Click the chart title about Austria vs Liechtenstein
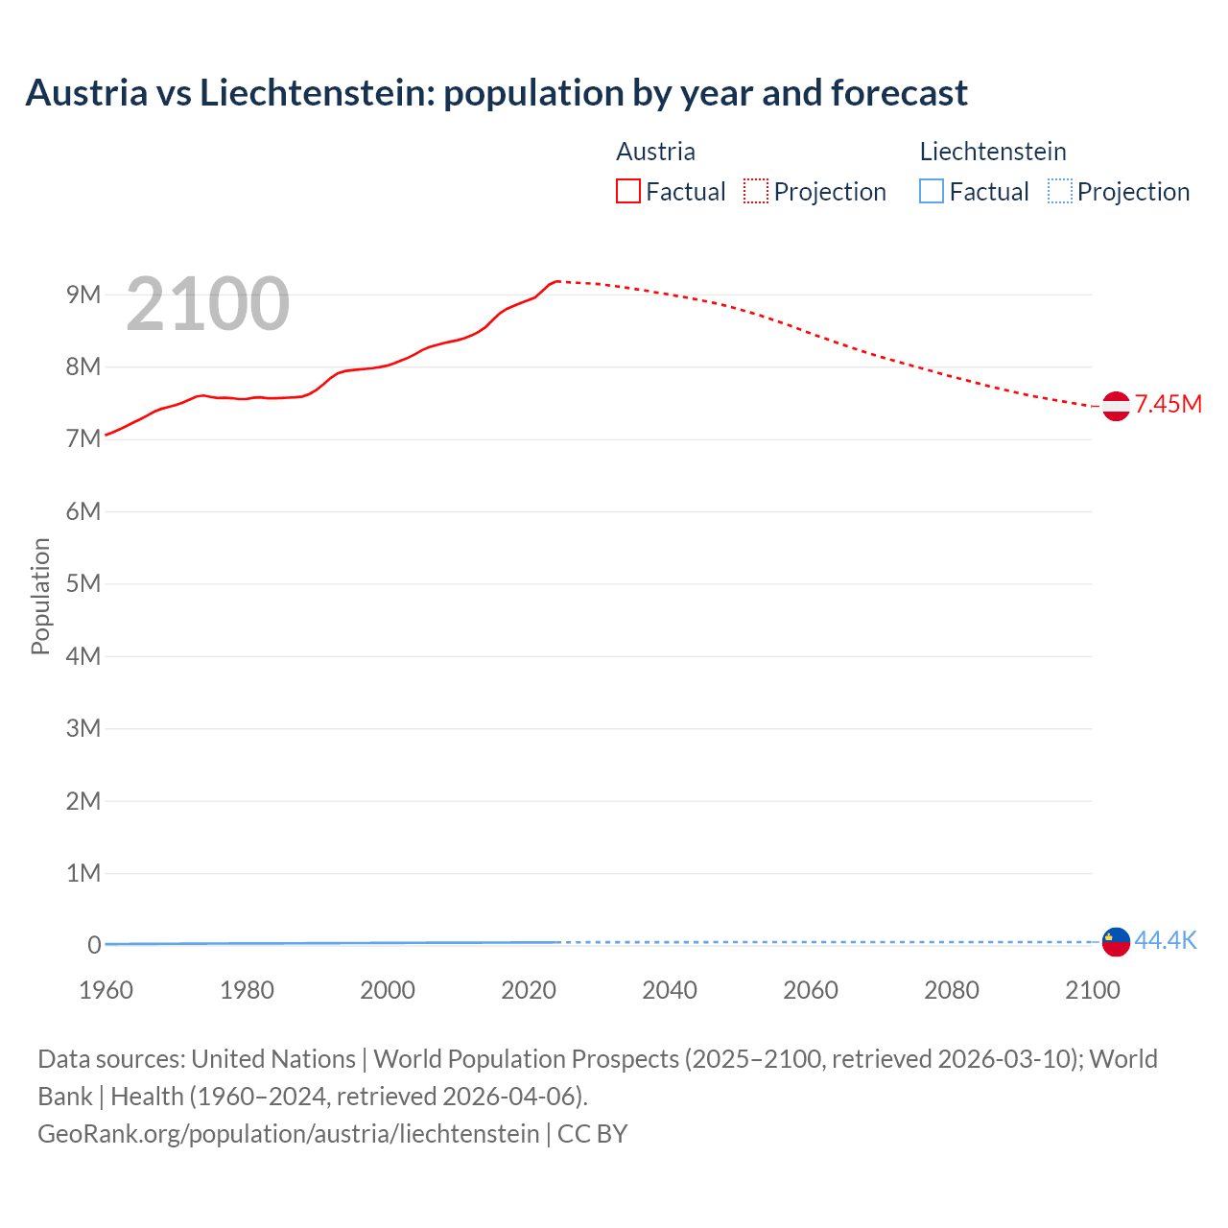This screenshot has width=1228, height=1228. [496, 93]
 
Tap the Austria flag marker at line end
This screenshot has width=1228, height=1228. [1116, 406]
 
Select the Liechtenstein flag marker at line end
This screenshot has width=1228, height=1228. [1116, 942]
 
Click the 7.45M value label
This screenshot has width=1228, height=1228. [1168, 404]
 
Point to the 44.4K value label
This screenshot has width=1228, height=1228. [1166, 940]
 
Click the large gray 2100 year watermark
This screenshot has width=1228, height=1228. [207, 304]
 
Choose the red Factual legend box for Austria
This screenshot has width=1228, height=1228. [628, 192]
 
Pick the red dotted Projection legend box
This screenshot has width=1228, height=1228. [756, 192]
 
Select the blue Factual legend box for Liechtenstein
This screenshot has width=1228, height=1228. [932, 192]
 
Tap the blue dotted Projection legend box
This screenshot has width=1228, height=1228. [1060, 192]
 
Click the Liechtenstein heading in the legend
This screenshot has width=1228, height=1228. [993, 152]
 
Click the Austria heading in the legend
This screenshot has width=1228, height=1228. [655, 152]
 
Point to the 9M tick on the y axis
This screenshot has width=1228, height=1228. [83, 295]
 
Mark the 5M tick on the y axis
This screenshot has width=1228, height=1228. [83, 583]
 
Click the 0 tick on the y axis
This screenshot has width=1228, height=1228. [94, 945]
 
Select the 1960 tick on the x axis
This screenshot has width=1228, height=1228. [106, 990]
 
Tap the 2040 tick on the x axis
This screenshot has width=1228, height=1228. [670, 990]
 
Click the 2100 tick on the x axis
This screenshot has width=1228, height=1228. [1093, 990]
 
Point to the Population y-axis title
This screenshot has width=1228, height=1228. [40, 596]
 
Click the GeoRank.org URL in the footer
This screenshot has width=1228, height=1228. [288, 1134]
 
